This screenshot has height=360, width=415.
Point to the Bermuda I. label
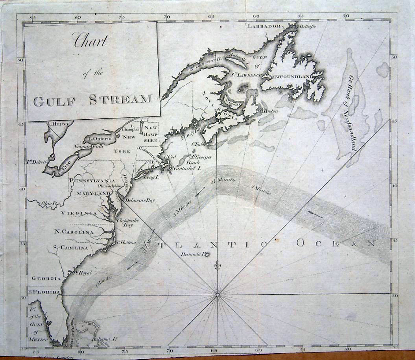pyautogui.click(x=192, y=255)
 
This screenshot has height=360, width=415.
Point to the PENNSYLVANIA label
pyautogui.click(x=92, y=180)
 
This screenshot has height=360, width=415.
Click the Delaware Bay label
pyautogui.click(x=140, y=200)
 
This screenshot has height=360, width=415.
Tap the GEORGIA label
pyautogui.click(x=46, y=278)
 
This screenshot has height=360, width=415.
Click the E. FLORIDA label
pyautogui.click(x=44, y=292)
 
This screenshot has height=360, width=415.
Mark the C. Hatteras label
pyautogui.click(x=126, y=242)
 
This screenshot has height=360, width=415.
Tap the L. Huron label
pyautogui.click(x=58, y=124)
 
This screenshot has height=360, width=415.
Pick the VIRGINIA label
pyautogui.click(x=79, y=213)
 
